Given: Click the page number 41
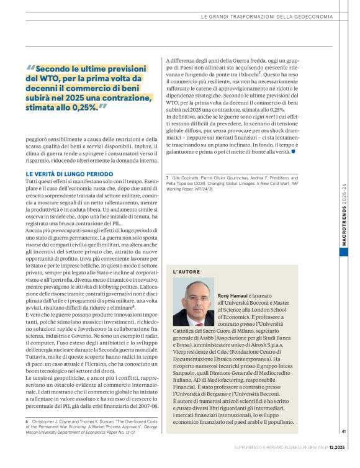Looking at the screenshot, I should click(x=343, y=449).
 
